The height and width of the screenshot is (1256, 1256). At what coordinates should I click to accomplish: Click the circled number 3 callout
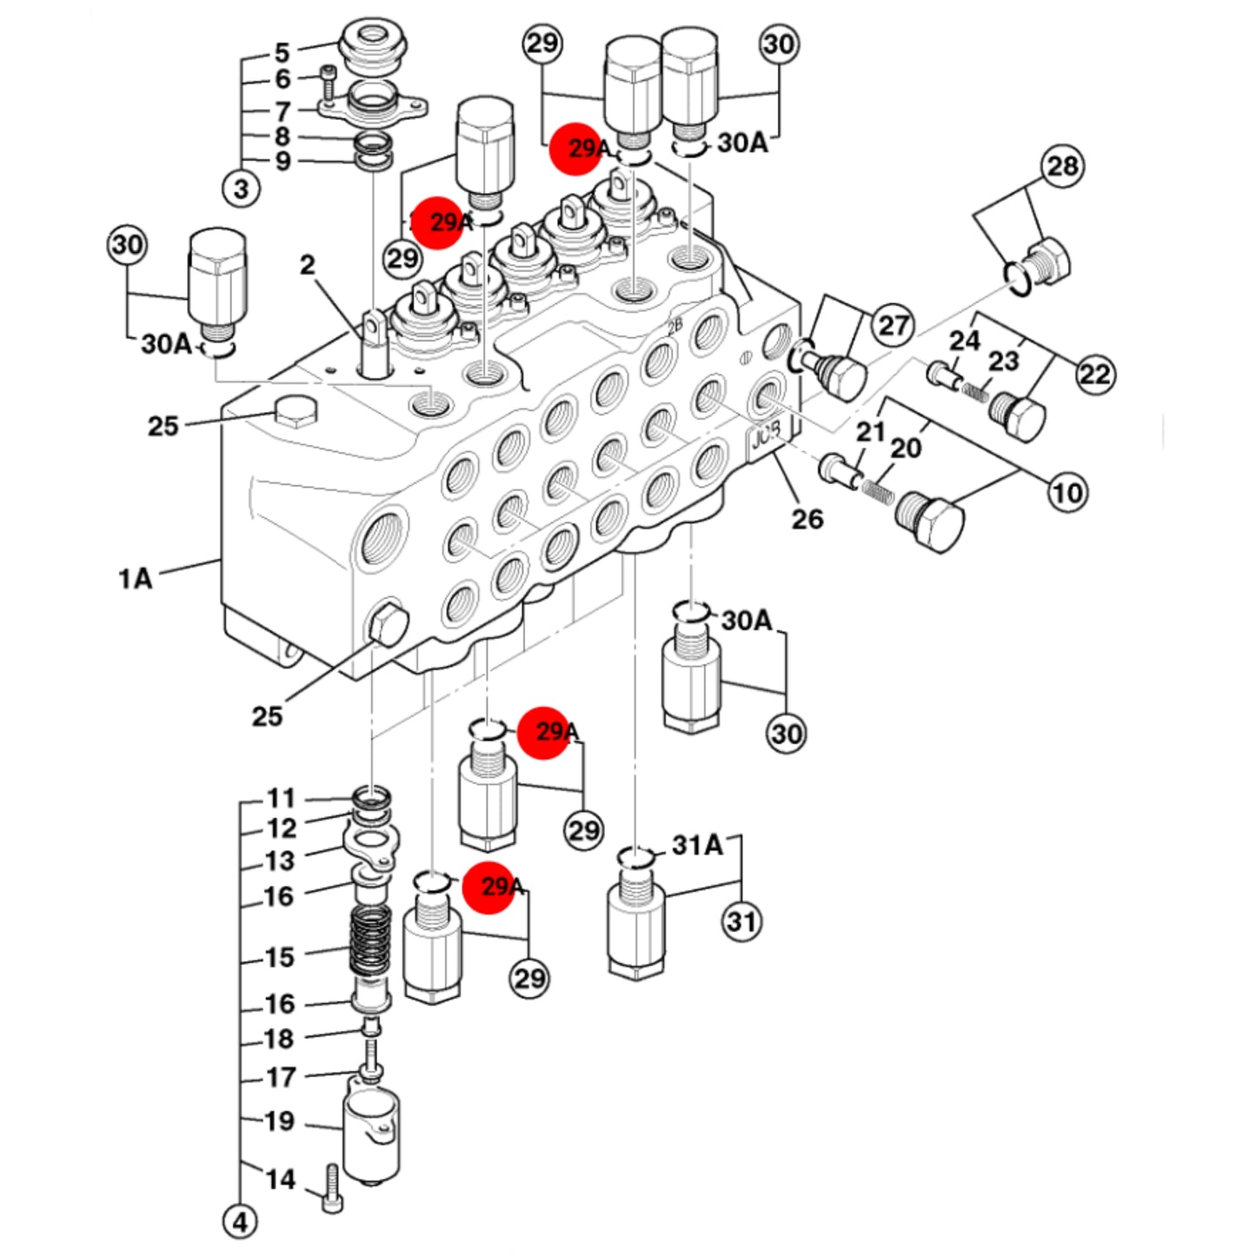[241, 189]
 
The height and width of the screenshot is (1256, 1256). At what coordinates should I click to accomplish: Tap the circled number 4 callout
[241, 1223]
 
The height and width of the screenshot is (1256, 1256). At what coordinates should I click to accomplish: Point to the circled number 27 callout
[894, 325]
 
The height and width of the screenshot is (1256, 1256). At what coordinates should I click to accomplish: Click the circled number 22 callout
[1094, 374]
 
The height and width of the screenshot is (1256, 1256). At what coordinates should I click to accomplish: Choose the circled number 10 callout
[1068, 493]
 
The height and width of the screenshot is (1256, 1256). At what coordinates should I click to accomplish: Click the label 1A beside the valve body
[136, 578]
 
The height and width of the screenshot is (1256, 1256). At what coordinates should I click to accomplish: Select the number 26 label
[807, 520]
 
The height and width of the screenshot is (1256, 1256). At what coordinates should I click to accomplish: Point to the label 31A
[697, 846]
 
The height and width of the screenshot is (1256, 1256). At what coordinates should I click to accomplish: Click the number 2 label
[307, 264]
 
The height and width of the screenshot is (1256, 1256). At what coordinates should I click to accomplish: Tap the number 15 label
[280, 958]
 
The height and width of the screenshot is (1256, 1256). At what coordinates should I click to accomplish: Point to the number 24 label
[965, 340]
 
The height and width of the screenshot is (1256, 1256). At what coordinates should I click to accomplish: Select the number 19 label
[280, 1121]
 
